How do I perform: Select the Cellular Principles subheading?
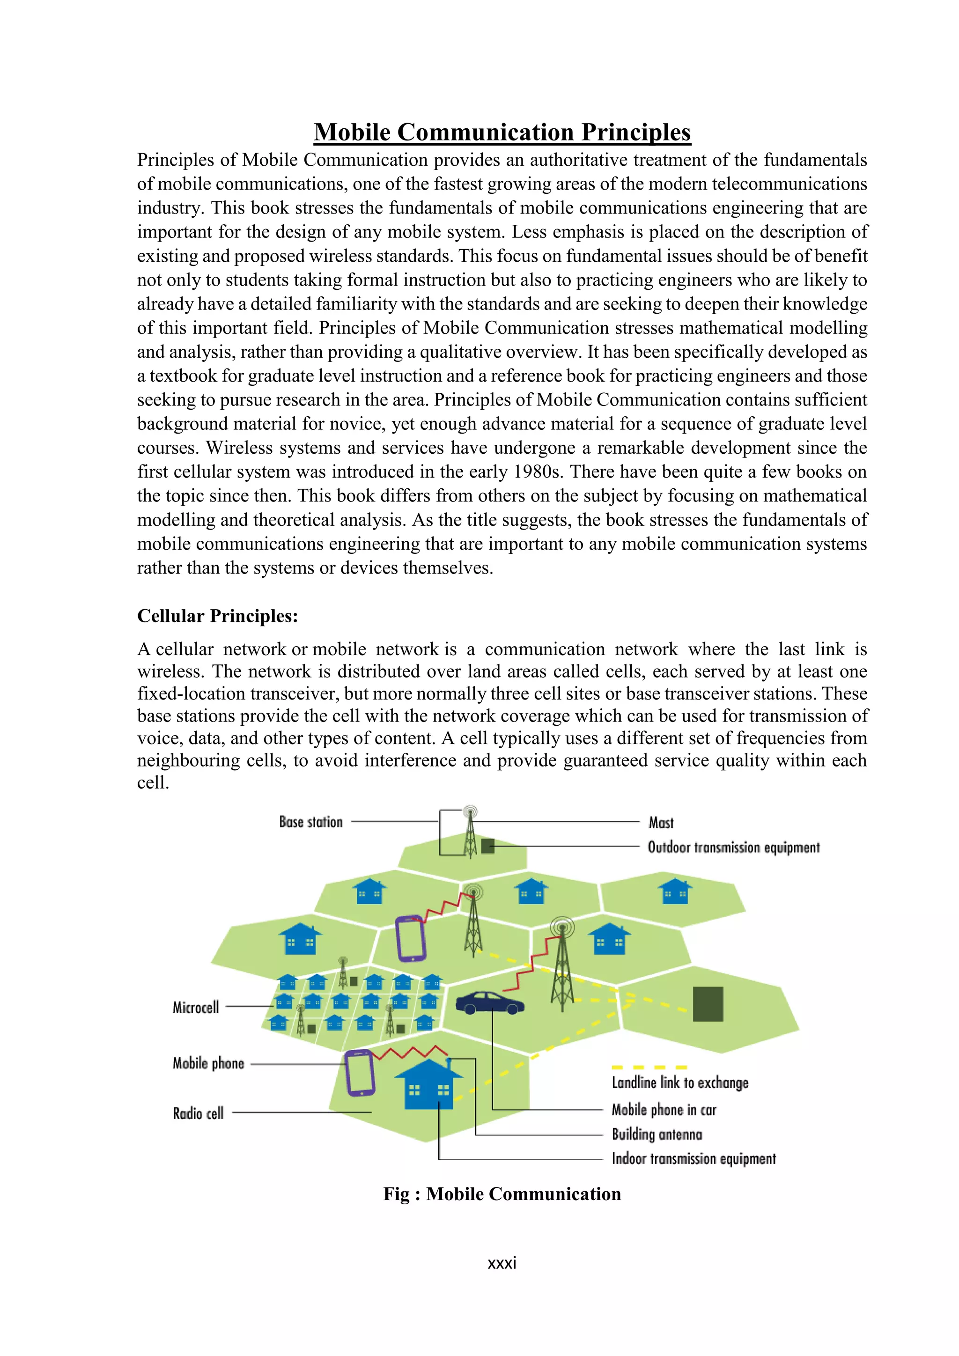click(217, 616)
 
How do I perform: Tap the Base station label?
click(310, 822)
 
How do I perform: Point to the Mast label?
click(661, 823)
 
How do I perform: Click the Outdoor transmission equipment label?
click(733, 847)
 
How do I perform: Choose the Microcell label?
click(195, 1008)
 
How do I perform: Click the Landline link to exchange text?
click(680, 1083)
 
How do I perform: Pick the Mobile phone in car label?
click(664, 1110)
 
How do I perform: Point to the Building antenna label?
click(657, 1135)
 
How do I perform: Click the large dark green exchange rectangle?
click(708, 1004)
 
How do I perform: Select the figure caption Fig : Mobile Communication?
click(502, 1194)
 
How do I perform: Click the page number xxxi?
click(502, 1263)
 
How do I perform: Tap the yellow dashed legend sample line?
click(649, 1067)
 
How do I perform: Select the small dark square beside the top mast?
click(487, 846)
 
